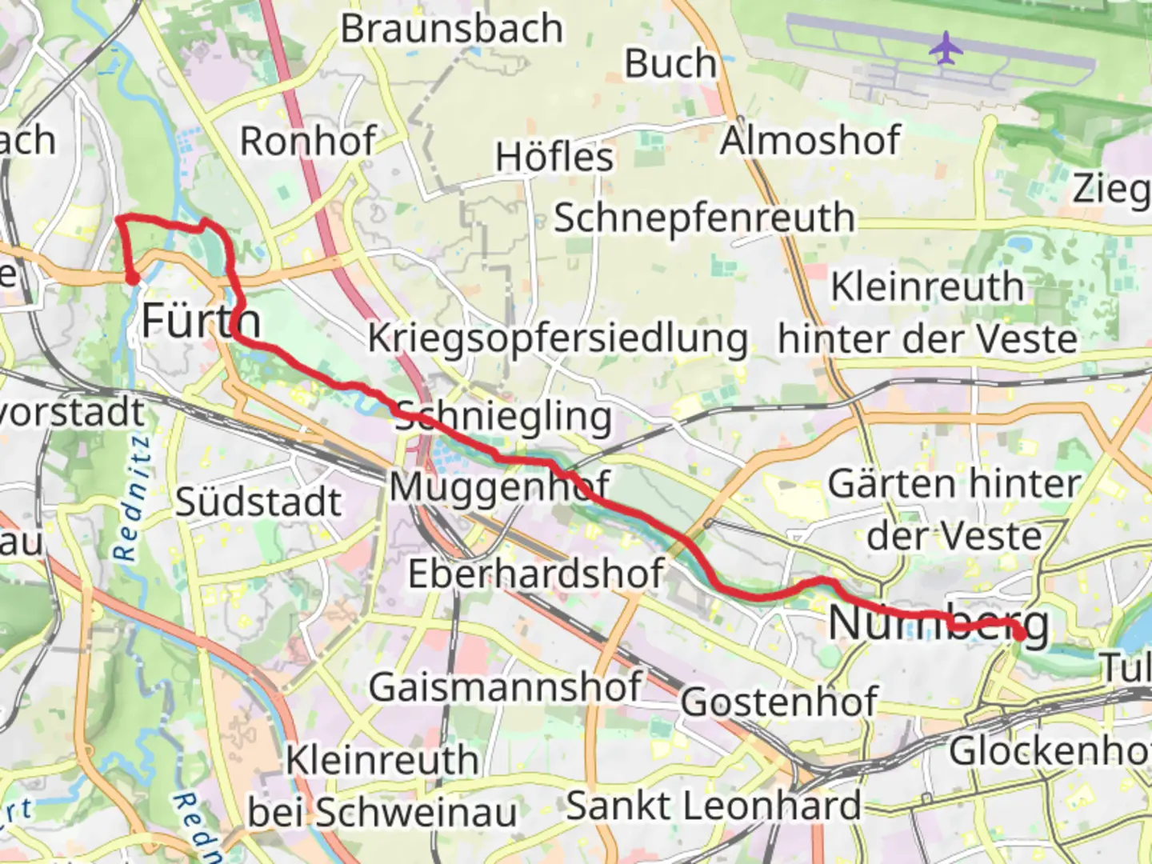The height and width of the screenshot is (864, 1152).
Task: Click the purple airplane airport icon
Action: pyautogui.click(x=946, y=48)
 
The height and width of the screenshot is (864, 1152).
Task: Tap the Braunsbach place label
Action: pyautogui.click(x=452, y=29)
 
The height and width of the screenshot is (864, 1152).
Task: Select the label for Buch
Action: pyautogui.click(x=670, y=64)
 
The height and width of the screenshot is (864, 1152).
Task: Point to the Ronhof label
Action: pyautogui.click(x=308, y=142)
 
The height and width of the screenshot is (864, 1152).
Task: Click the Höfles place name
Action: pyautogui.click(x=554, y=157)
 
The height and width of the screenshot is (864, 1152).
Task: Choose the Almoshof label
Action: pyautogui.click(x=810, y=142)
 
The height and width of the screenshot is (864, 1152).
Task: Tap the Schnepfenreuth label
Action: pyautogui.click(x=704, y=218)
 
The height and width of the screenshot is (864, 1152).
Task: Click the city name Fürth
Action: pyautogui.click(x=202, y=322)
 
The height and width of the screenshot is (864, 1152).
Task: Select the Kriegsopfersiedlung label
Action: pyautogui.click(x=558, y=338)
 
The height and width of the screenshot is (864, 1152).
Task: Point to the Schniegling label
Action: pyautogui.click(x=504, y=417)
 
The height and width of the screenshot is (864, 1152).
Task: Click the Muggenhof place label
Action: pyautogui.click(x=500, y=486)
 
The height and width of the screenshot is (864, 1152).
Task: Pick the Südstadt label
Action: pyautogui.click(x=258, y=502)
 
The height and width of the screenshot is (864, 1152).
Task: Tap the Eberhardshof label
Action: pyautogui.click(x=536, y=574)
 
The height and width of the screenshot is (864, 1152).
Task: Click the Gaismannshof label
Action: pyautogui.click(x=506, y=687)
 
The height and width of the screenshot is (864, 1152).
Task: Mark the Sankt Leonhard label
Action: pyautogui.click(x=714, y=806)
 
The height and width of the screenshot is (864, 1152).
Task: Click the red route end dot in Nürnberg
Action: pyautogui.click(x=1020, y=634)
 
